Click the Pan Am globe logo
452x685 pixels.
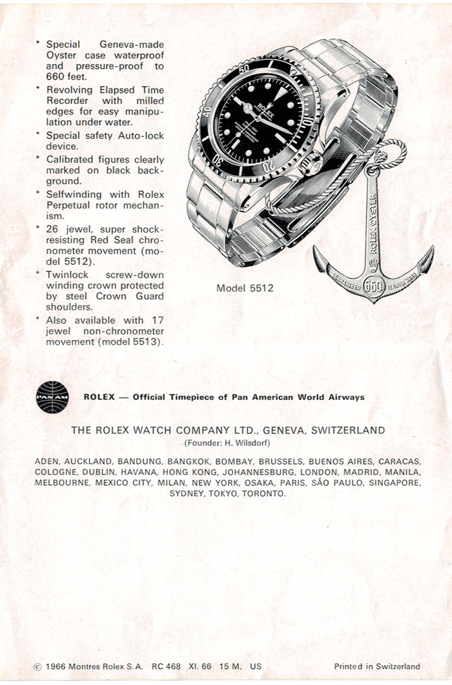click(52, 397)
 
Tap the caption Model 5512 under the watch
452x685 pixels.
click(245, 288)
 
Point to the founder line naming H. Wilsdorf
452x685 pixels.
click(228, 443)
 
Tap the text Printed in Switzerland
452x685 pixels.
click(377, 666)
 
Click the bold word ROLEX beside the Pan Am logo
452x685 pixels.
click(98, 397)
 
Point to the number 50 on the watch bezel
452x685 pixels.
click(243, 68)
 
